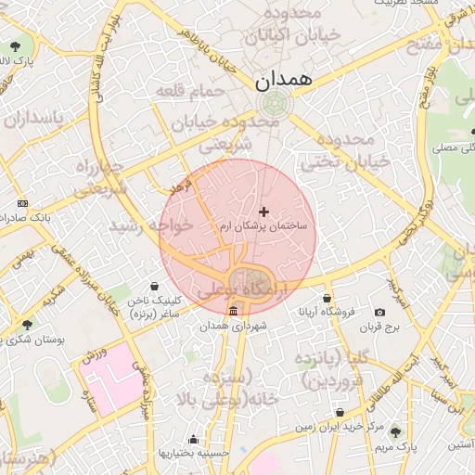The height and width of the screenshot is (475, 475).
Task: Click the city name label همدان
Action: tap(284, 81)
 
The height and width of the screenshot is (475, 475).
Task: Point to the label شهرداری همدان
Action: tap(239, 326)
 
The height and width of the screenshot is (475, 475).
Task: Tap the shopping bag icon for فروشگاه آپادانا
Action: tap(327, 298)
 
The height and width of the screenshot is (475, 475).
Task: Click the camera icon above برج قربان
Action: tap(379, 312)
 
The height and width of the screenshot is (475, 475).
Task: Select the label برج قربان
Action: tap(379, 327)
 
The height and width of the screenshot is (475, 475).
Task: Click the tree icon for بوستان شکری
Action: tap(27, 325)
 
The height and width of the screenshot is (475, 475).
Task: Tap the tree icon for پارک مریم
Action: tap(397, 432)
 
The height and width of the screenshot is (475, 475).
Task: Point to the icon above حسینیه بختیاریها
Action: tap(193, 439)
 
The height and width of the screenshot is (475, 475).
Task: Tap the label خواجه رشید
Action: tap(151, 225)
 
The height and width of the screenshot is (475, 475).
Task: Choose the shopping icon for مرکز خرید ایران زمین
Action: tap(340, 412)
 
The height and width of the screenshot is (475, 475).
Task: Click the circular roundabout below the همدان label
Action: tap(274, 104)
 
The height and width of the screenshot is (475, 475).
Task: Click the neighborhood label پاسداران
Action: tap(32, 119)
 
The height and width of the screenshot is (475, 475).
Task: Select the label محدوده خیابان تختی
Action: tap(345, 150)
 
